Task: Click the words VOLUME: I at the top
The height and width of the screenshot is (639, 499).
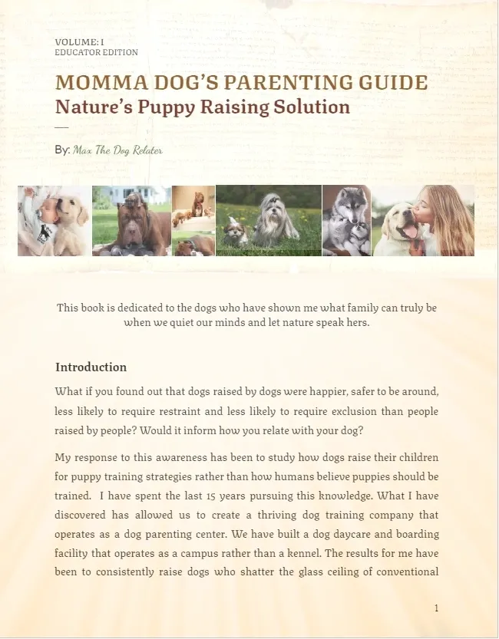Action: (x=79, y=41)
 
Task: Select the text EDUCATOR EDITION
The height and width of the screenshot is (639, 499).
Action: (x=96, y=52)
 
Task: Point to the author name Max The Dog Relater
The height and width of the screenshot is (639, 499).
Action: (x=117, y=150)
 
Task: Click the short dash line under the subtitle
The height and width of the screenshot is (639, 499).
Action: (x=61, y=127)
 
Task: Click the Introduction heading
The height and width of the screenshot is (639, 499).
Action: (x=91, y=367)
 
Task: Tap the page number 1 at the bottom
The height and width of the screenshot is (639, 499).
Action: (x=436, y=608)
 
